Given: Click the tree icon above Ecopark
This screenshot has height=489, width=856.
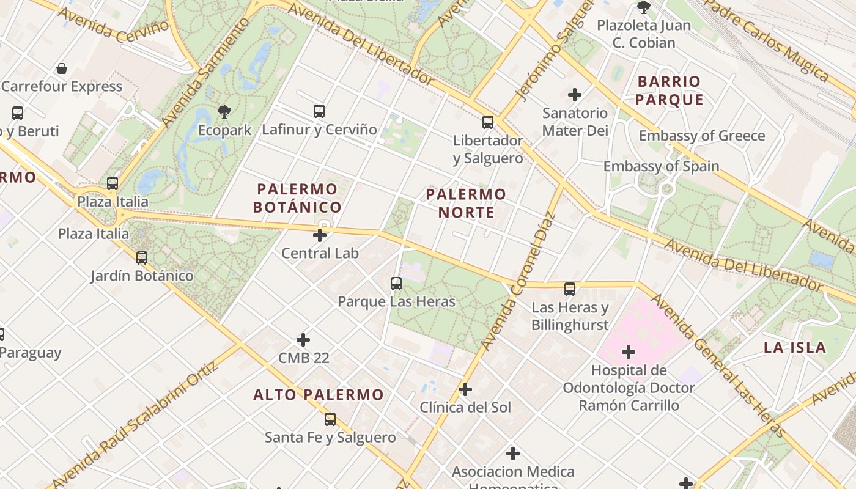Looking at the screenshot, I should [x=224, y=112].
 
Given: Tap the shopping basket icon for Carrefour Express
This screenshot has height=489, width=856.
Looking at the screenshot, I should [x=62, y=68].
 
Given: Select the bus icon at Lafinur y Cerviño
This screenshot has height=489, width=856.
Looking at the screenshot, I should [x=319, y=111].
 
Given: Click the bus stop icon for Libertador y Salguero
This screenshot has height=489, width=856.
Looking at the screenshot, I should [x=487, y=122].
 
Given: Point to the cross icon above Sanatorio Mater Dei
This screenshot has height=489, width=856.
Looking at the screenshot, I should [x=575, y=95].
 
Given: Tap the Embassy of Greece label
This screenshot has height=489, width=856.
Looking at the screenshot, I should [x=702, y=136].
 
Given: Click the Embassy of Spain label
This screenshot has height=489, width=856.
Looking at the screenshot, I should [x=661, y=166].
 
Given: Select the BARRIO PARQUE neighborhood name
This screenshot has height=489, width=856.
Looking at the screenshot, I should [x=669, y=90].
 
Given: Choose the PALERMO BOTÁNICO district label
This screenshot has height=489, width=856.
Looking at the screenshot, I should [x=297, y=198].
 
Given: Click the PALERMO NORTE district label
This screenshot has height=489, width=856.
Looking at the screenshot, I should [x=466, y=204].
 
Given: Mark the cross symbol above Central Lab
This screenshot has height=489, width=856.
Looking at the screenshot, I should [x=320, y=235].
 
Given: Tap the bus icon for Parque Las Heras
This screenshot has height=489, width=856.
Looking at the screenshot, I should [x=396, y=284].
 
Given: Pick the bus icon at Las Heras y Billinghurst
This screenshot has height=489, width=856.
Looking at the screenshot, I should [x=570, y=289].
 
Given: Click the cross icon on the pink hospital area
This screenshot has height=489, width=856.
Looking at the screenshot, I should [x=628, y=352].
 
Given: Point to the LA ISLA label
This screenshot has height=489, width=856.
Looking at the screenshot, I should [x=795, y=348].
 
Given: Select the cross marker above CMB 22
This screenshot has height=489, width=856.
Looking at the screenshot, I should [x=303, y=340].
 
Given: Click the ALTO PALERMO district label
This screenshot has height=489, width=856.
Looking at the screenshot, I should [x=319, y=395].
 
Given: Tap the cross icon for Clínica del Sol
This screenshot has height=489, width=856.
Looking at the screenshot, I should [x=465, y=389].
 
